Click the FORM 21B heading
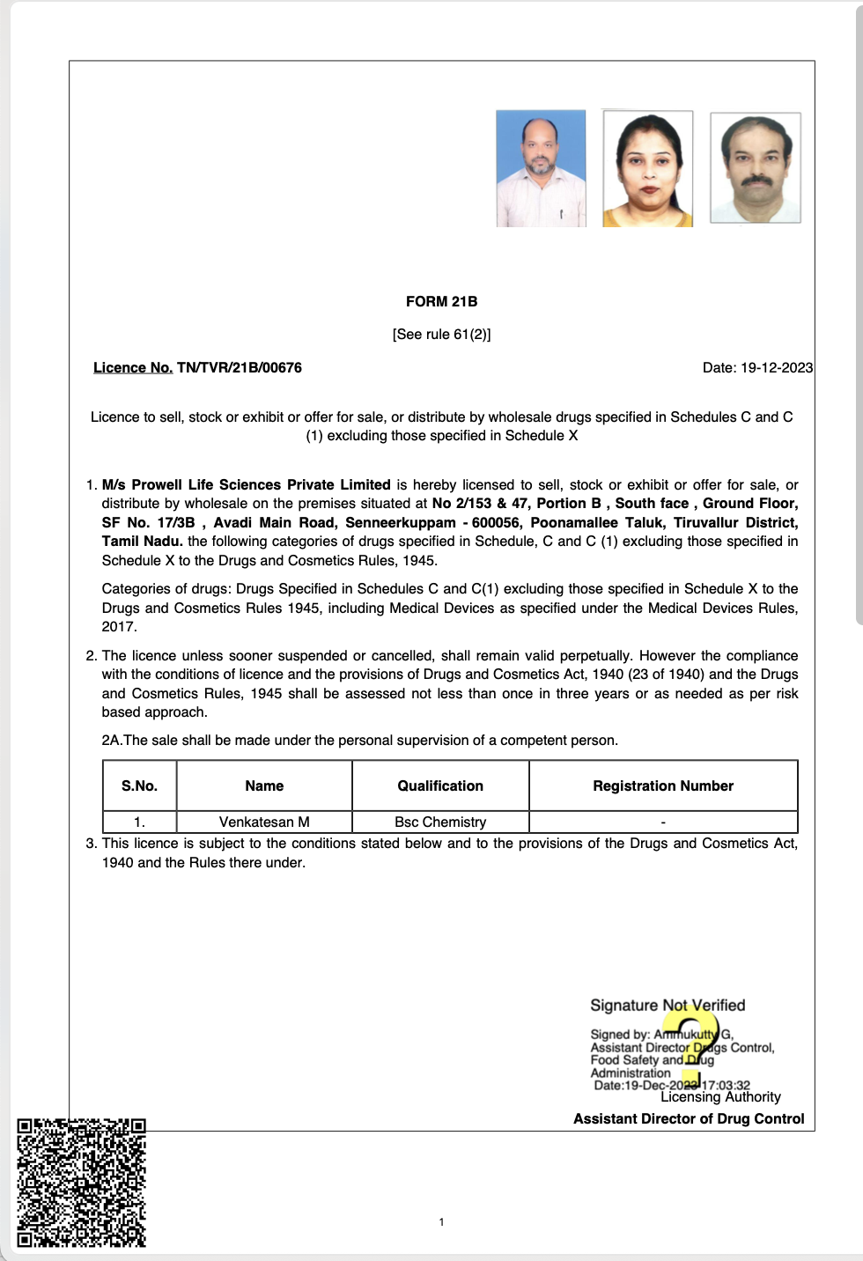[x=441, y=301]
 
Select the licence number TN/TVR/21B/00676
[x=239, y=367]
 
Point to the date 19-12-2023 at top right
[x=776, y=367]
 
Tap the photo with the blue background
[x=541, y=168]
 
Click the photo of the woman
[x=647, y=168]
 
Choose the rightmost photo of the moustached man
[x=756, y=167]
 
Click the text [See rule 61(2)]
[x=441, y=334]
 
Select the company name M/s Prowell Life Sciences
[x=246, y=484]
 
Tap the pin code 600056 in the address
[x=496, y=522]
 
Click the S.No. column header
[x=139, y=785]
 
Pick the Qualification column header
[x=440, y=785]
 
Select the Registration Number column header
[x=663, y=785]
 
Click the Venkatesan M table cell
[x=264, y=822]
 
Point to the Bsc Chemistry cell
[x=440, y=822]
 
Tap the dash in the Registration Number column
[x=663, y=822]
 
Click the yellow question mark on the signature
[x=693, y=1048]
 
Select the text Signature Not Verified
[x=668, y=1005]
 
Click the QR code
[x=81, y=1183]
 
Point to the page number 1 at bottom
[x=441, y=1221]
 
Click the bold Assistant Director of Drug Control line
[x=689, y=1118]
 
